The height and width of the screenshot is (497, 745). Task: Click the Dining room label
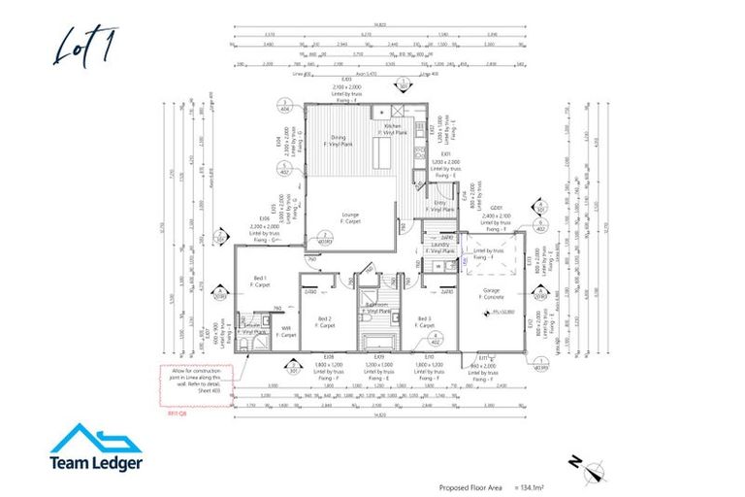pos(338,139)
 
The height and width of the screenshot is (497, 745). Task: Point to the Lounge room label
pos(350,215)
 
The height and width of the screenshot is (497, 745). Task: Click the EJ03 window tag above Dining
pos(346,80)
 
